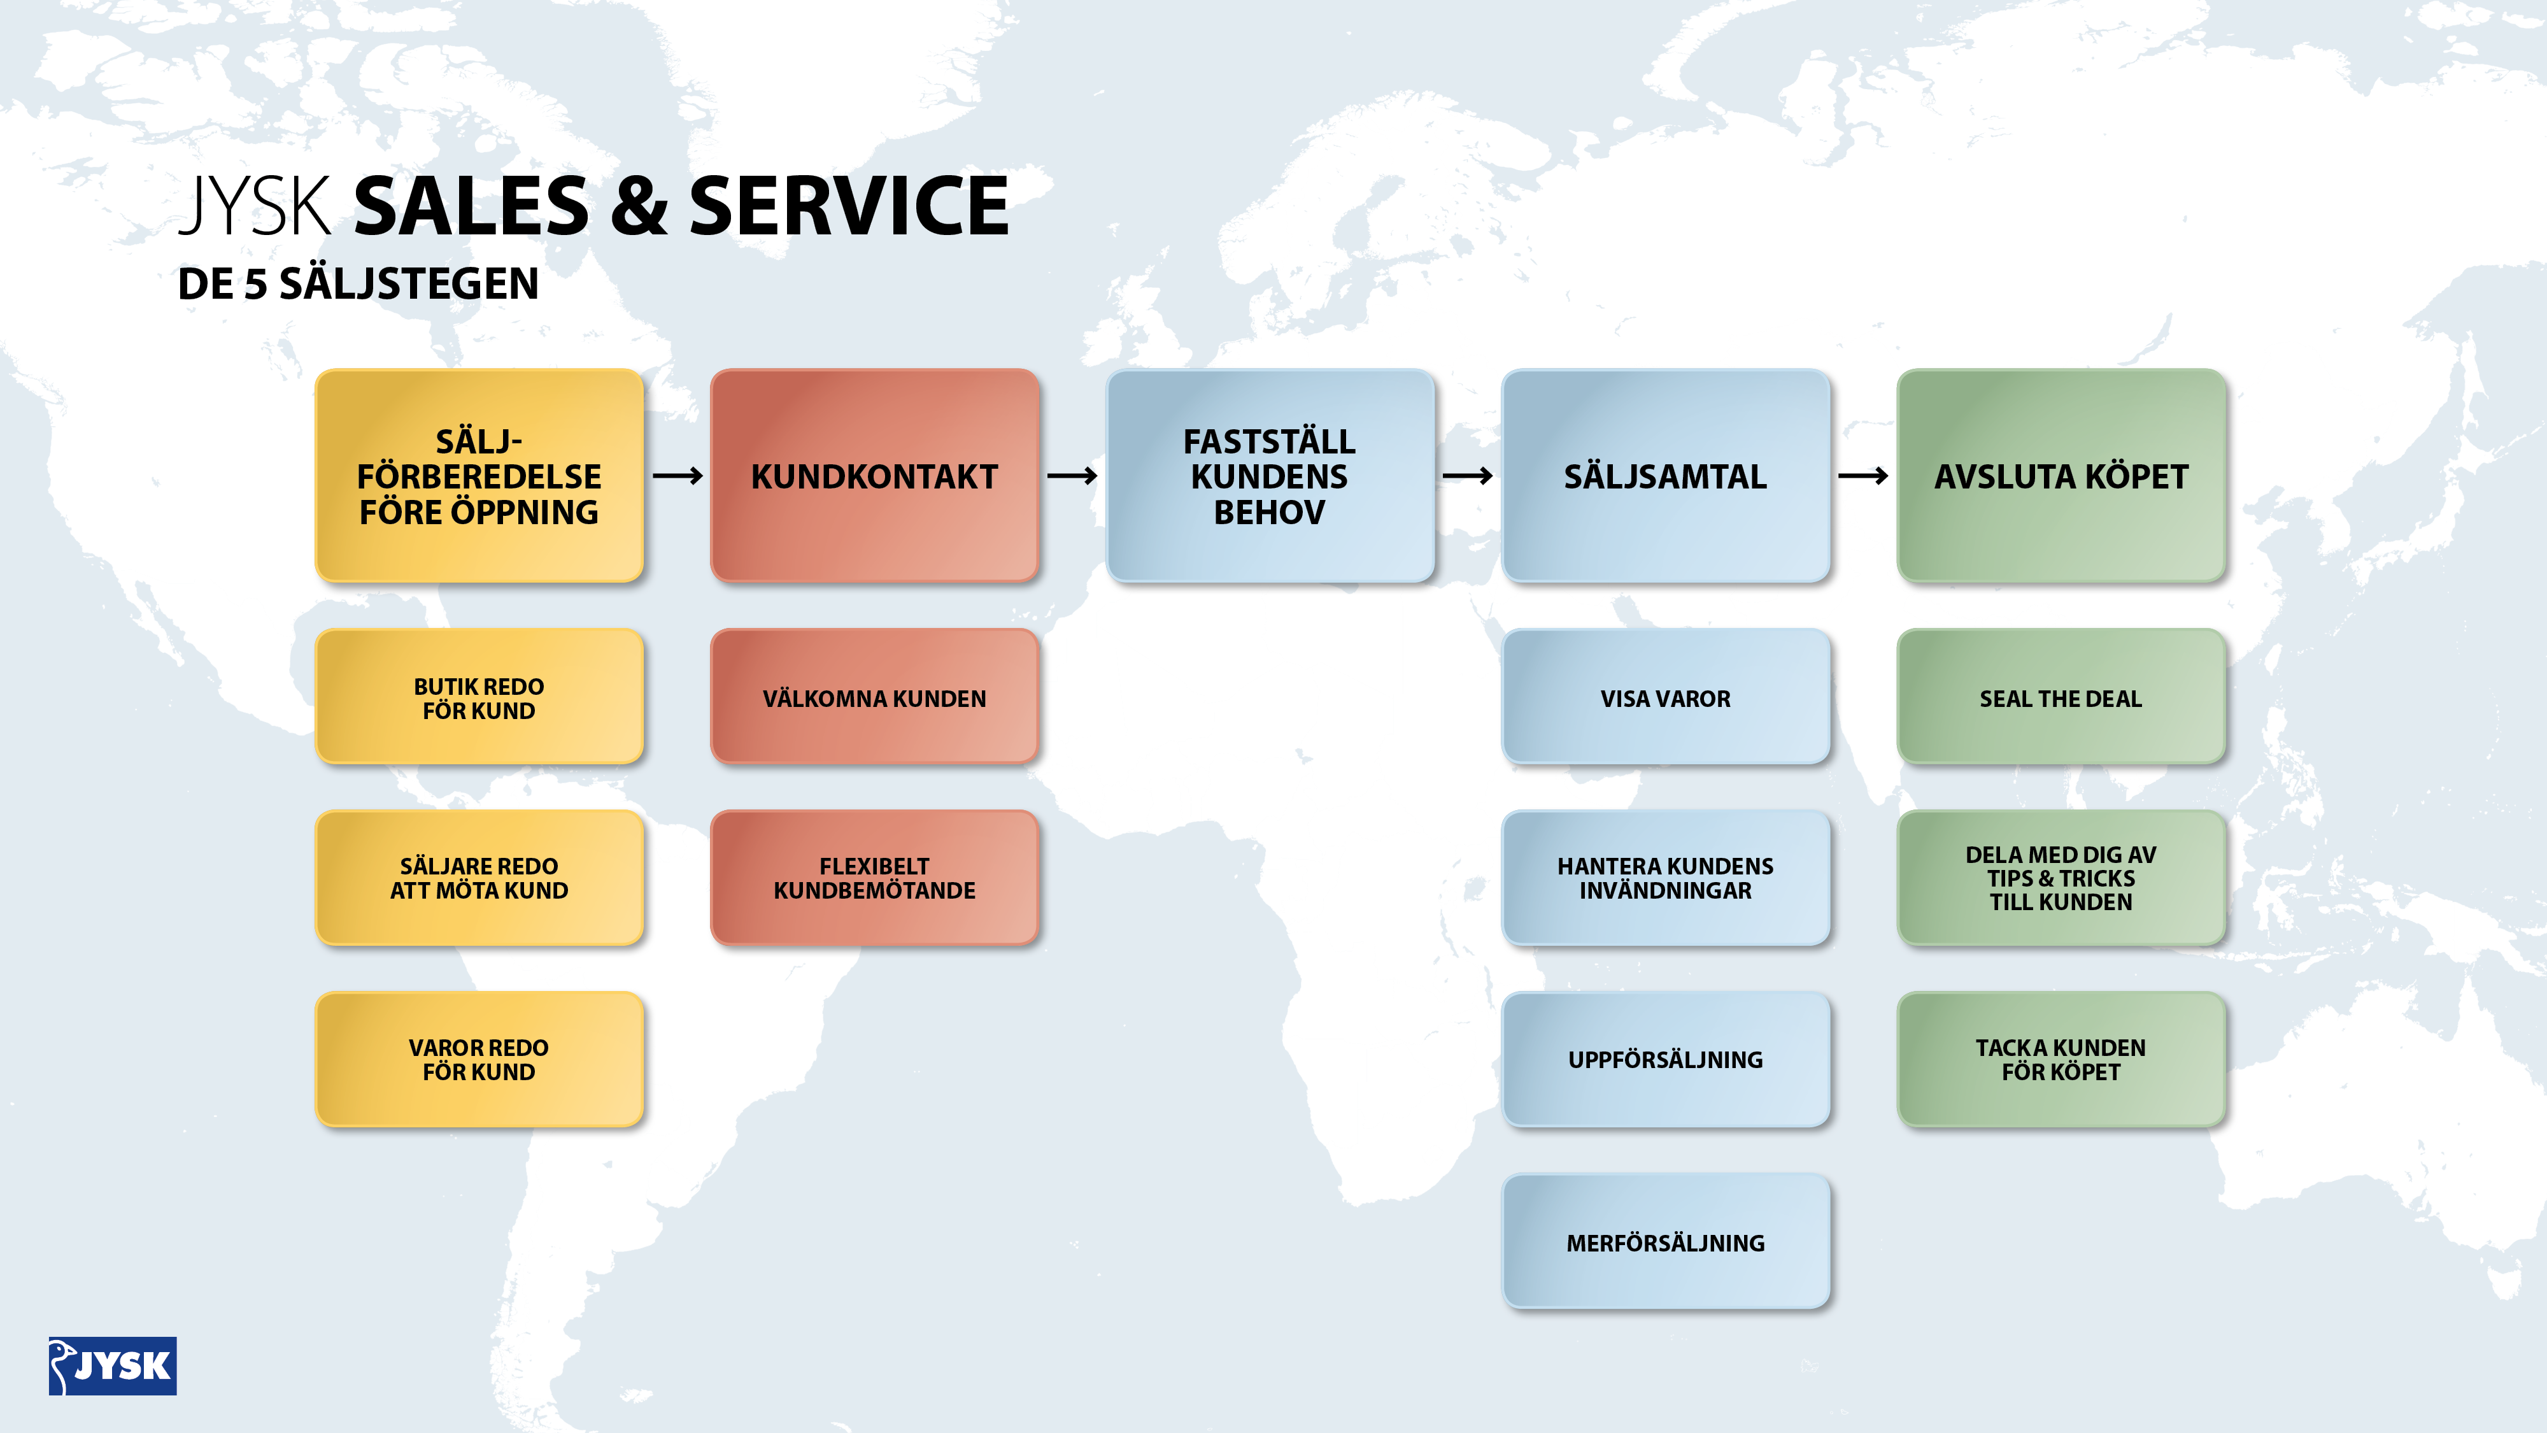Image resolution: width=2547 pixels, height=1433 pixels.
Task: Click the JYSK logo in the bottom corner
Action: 113,1365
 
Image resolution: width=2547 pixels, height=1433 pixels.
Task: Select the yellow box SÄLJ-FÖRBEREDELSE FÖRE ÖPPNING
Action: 479,476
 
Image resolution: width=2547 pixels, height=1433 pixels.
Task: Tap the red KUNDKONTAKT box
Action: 875,476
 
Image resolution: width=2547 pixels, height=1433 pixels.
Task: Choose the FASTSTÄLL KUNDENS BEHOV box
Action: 1270,476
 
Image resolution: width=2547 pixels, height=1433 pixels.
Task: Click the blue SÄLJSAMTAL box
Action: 1666,476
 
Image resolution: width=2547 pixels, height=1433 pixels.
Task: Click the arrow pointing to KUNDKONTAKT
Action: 678,476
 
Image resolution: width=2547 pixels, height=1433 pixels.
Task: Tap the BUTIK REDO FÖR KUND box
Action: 479,697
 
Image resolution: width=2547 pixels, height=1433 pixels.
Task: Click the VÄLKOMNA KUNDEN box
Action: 875,697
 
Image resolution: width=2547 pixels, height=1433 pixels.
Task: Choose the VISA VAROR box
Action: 1666,697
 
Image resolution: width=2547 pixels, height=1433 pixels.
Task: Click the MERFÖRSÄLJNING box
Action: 1666,1242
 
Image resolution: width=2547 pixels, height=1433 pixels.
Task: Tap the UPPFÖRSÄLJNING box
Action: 1666,1059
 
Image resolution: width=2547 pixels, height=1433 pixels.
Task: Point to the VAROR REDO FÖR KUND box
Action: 479,1059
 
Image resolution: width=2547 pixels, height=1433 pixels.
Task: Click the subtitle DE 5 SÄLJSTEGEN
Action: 358,284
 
